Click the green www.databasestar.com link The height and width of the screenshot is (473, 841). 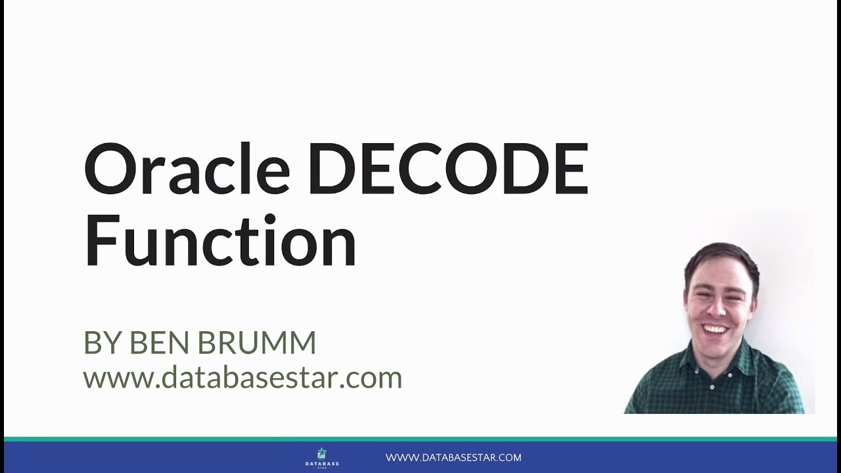242,378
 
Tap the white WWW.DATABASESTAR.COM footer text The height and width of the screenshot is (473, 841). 453,457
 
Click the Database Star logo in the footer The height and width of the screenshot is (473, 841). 322,457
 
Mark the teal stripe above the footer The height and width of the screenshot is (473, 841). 420,438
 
